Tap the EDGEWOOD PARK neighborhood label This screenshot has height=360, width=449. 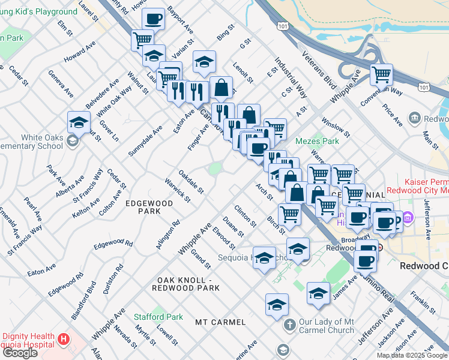[149, 207]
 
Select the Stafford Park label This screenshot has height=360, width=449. [158, 317]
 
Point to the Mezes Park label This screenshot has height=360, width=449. [317, 142]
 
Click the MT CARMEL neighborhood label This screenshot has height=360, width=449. [220, 322]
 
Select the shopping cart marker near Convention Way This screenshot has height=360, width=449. [382, 75]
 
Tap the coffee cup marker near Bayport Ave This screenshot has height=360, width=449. [154, 19]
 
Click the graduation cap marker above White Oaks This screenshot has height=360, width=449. [79, 122]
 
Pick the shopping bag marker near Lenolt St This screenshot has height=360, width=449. [221, 87]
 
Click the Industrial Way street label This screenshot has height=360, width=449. [291, 78]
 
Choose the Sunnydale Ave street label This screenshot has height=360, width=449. [145, 142]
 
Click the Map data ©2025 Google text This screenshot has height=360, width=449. [412, 355]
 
